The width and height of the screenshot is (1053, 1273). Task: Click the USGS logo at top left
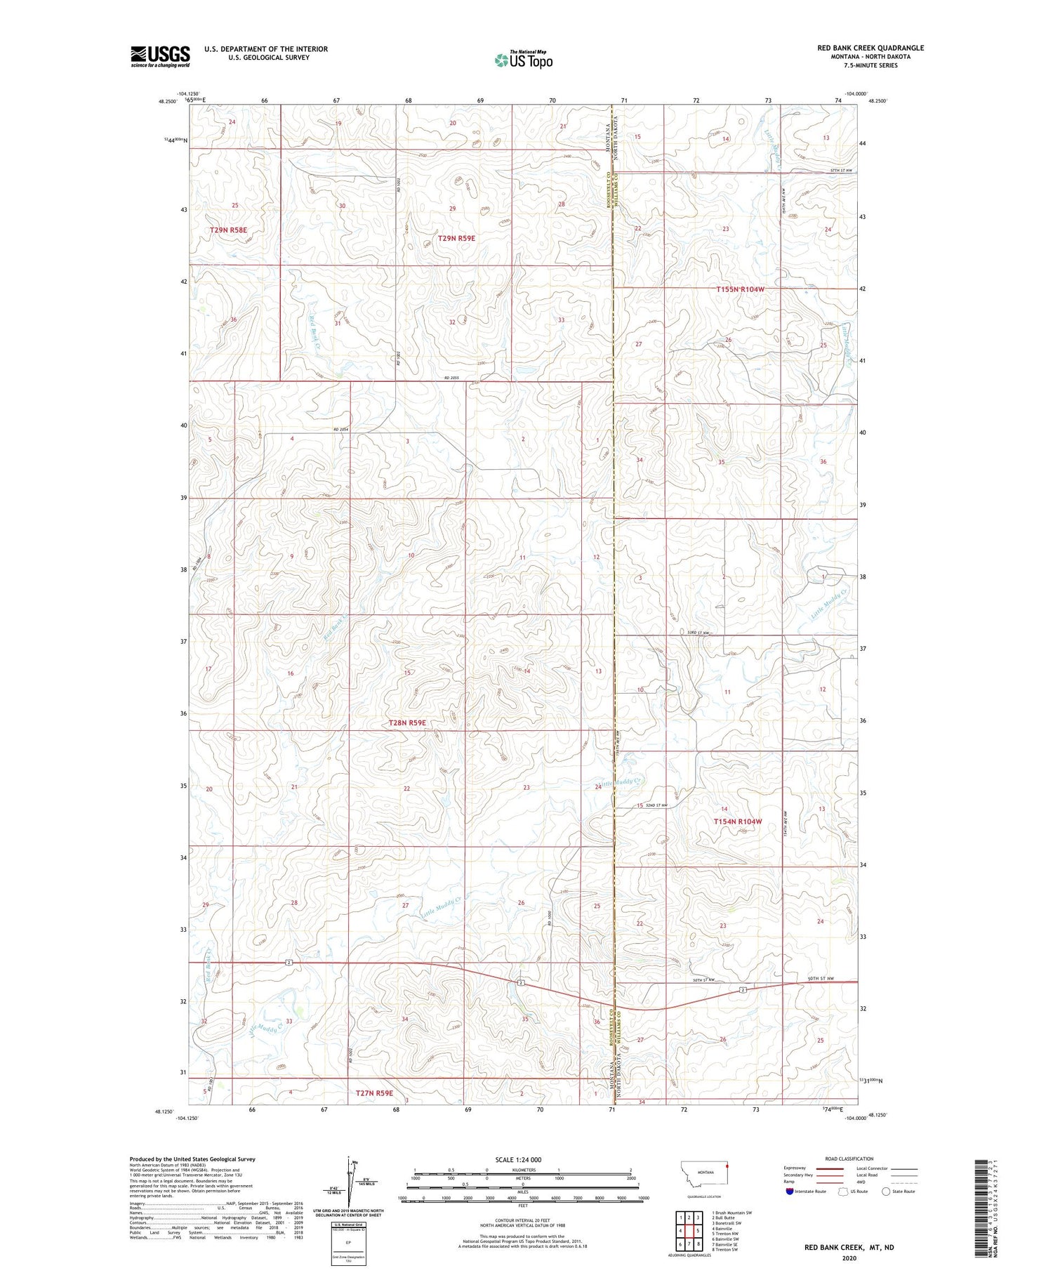point(160,56)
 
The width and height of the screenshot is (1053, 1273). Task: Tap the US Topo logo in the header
point(523,60)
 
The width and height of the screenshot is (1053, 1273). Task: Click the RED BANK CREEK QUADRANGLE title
point(870,48)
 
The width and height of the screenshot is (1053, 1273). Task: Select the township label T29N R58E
point(228,230)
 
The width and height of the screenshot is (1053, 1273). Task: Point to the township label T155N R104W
point(740,289)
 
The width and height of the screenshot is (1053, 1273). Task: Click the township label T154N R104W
point(737,821)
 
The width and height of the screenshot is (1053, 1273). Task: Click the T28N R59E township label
point(407,722)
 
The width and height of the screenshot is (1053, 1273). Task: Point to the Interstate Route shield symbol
point(790,1191)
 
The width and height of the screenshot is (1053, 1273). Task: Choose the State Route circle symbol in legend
point(886,1191)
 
